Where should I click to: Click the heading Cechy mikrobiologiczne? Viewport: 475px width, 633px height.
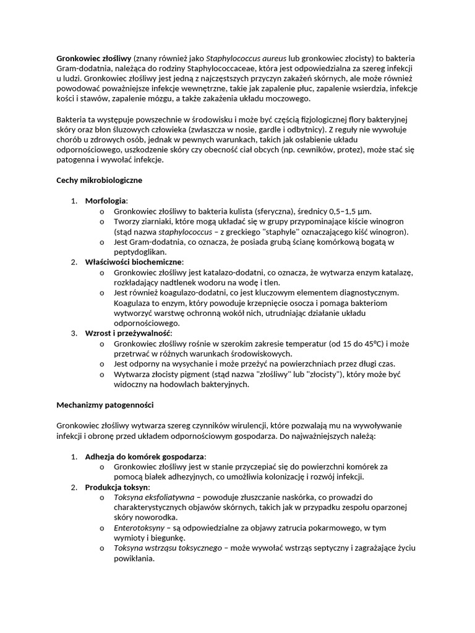pyautogui.click(x=99, y=180)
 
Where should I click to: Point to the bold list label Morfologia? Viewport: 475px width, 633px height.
pyautogui.click(x=105, y=201)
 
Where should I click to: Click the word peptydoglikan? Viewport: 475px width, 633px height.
pyautogui.click(x=140, y=252)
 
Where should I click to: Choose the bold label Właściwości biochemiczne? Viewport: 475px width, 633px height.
pyautogui.click(x=134, y=262)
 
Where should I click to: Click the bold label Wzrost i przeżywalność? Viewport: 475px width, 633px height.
pyautogui.click(x=128, y=333)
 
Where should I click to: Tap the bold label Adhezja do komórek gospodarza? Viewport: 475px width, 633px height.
pyautogui.click(x=145, y=456)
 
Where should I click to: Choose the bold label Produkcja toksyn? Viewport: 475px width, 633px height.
pyautogui.click(x=118, y=487)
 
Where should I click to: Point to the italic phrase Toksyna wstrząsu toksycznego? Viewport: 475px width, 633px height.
pyautogui.click(x=168, y=548)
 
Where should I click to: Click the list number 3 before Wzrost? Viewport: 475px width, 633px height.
pyautogui.click(x=73, y=333)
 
